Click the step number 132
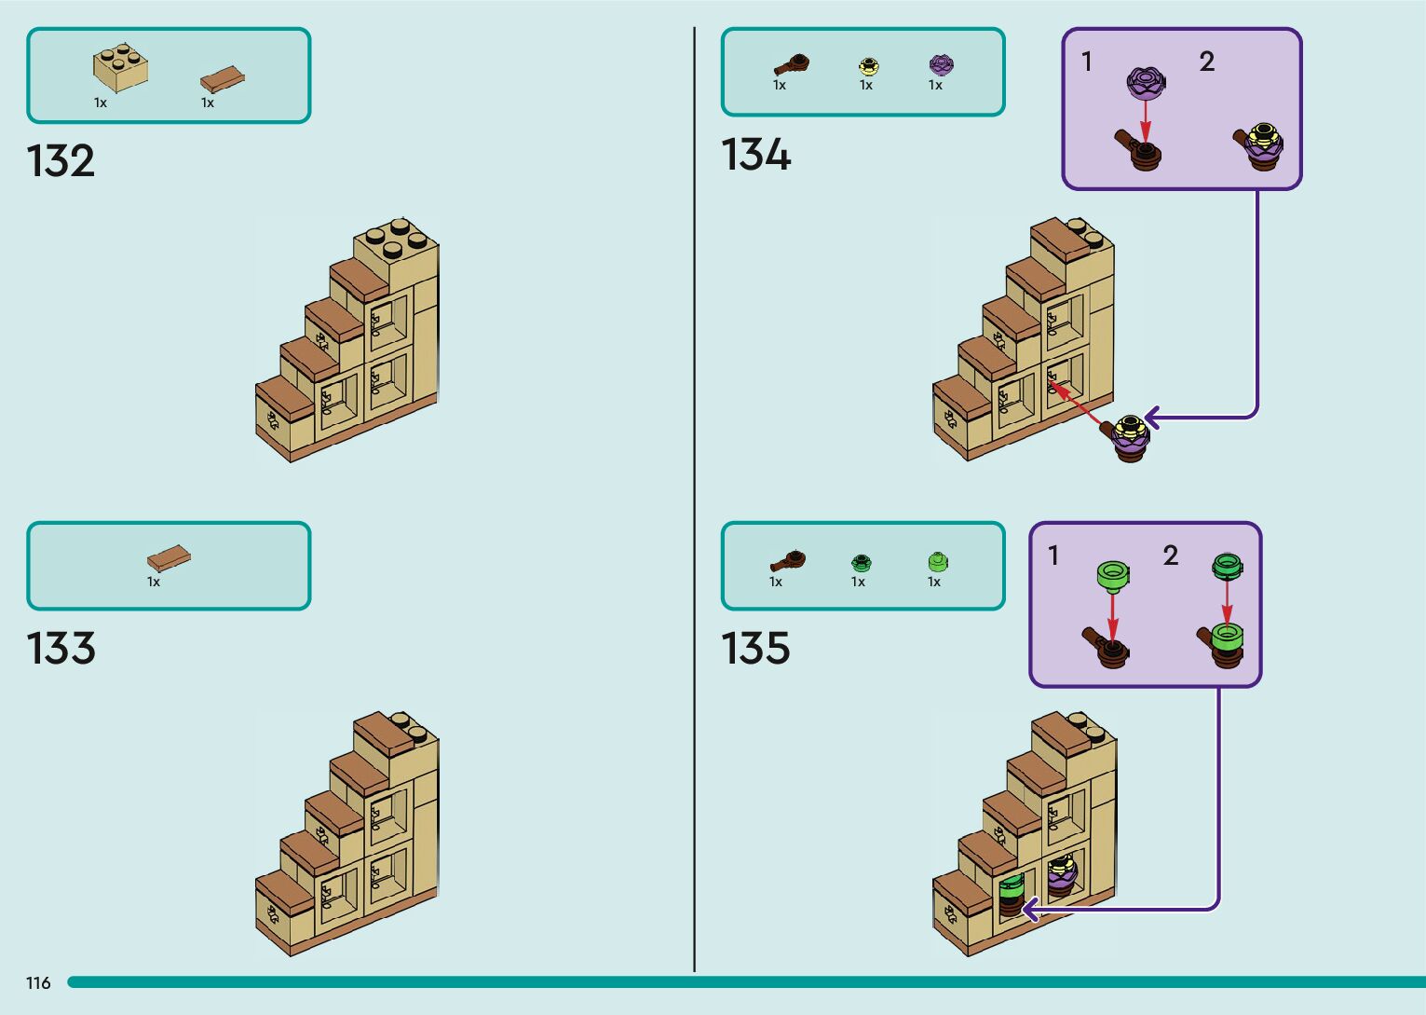[61, 161]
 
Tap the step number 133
[61, 649]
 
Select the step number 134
[755, 155]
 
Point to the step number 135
[755, 649]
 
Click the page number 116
[38, 982]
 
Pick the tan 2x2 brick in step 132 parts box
[120, 67]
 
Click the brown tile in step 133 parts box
[169, 558]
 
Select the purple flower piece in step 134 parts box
[941, 64]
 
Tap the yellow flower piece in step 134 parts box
[868, 65]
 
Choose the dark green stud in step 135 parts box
[861, 562]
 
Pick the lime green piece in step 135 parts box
[937, 561]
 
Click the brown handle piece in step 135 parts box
[788, 561]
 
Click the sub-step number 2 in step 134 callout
[1206, 62]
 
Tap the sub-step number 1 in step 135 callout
[1053, 556]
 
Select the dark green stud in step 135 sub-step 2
[1227, 565]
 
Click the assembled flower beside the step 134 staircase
[1128, 436]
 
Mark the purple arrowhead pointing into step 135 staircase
[1029, 909]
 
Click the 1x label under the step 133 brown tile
[154, 582]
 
